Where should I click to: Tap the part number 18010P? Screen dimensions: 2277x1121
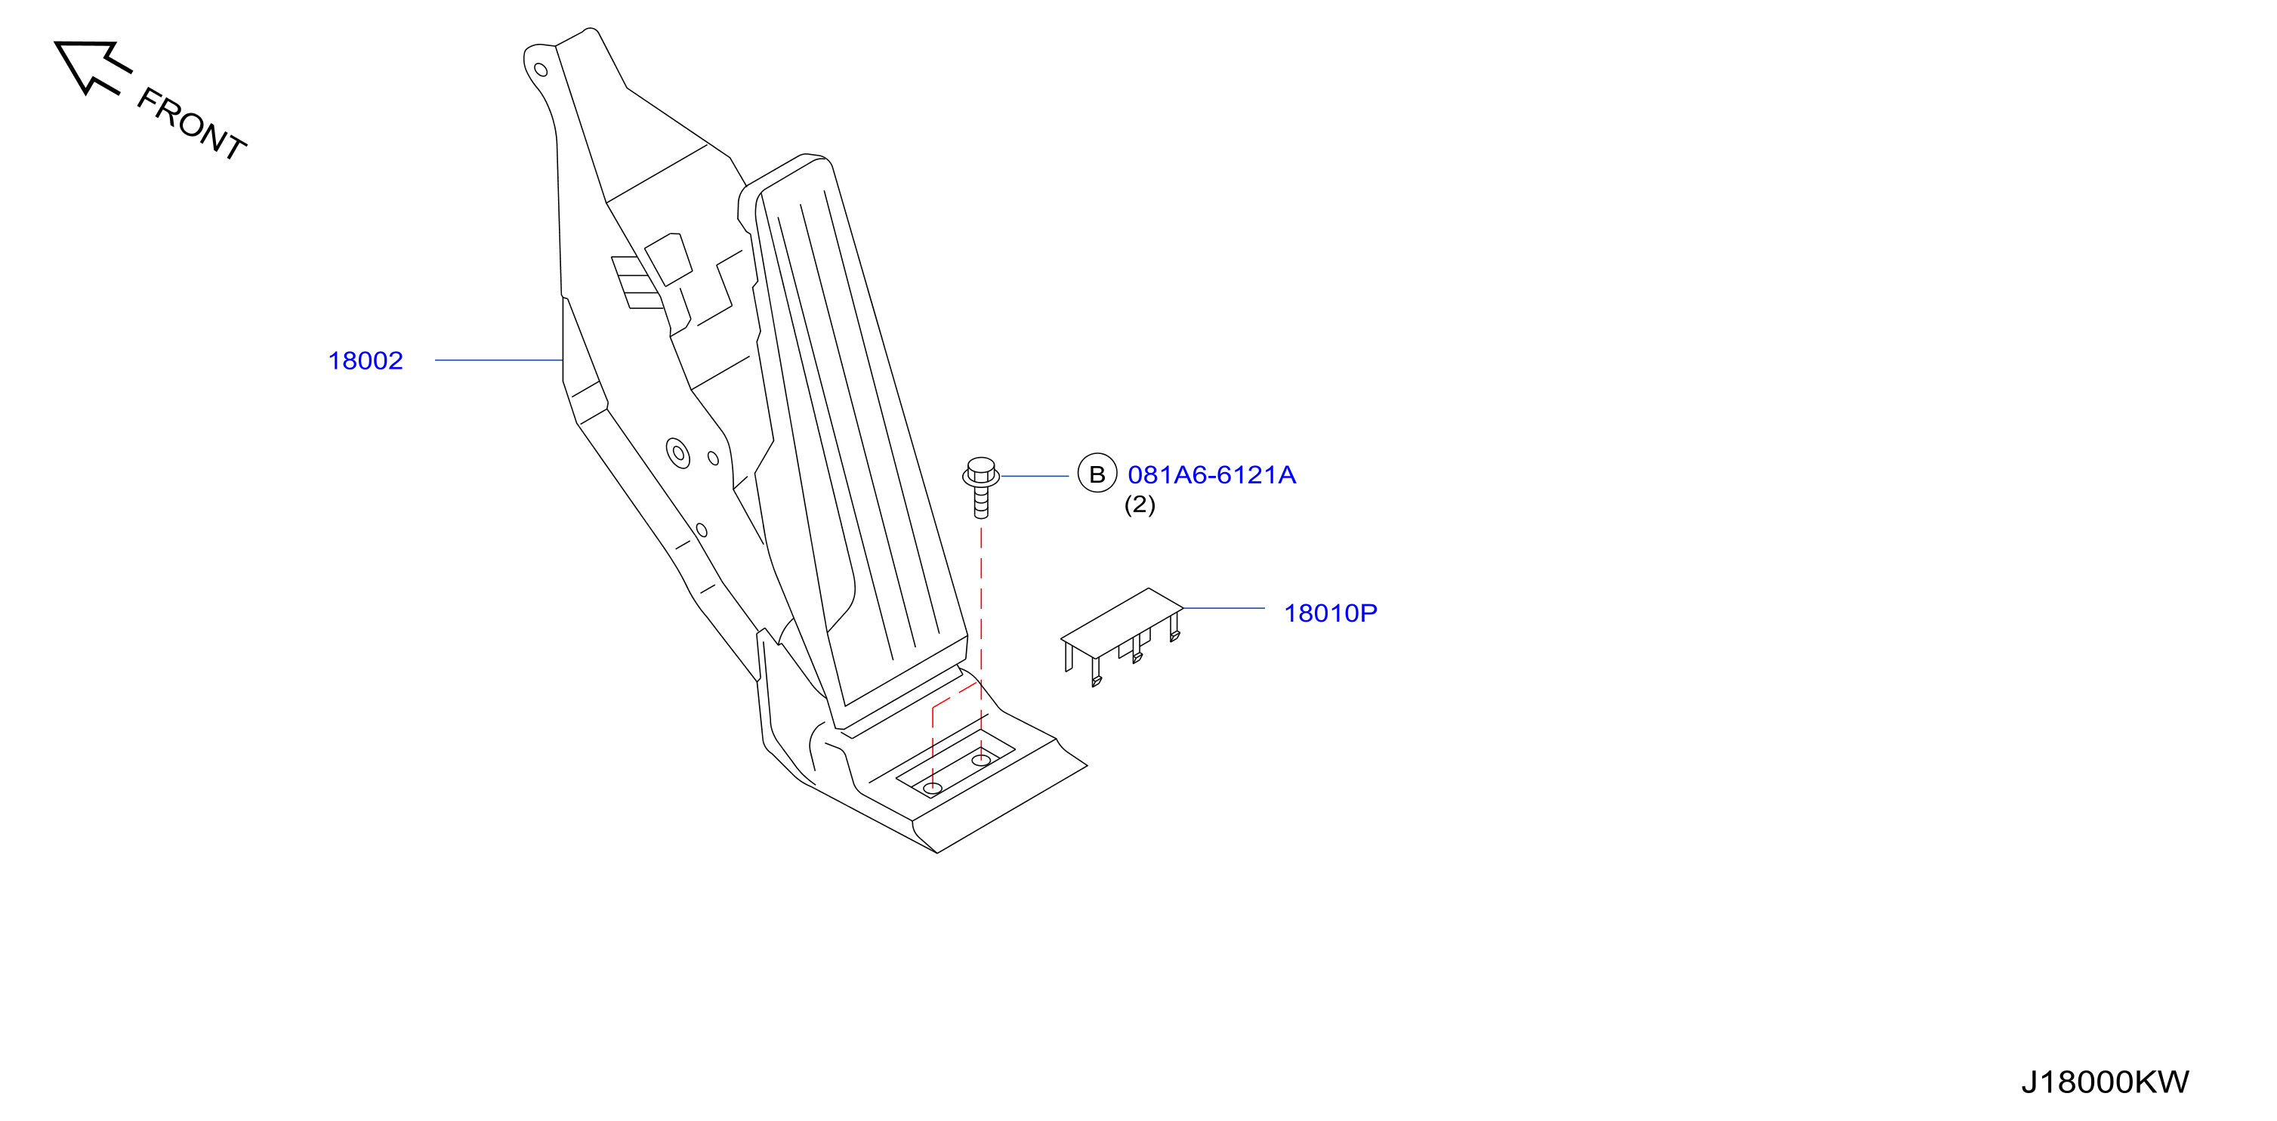click(x=1329, y=613)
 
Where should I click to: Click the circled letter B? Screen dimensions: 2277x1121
click(x=1097, y=474)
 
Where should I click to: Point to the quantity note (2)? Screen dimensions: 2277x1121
click(x=1140, y=505)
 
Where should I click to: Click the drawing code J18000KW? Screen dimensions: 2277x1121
click(x=2105, y=1082)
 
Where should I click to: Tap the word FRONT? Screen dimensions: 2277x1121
click(x=190, y=124)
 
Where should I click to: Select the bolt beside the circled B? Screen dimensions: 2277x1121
click(x=980, y=487)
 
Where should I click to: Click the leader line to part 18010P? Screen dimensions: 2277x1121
click(x=1223, y=608)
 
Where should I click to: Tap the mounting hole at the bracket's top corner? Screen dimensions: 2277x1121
click(x=541, y=69)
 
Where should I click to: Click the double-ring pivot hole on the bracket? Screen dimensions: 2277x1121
click(x=678, y=453)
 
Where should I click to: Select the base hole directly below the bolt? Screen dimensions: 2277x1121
click(x=980, y=760)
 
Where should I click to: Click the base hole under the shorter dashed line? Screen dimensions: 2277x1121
click(x=933, y=788)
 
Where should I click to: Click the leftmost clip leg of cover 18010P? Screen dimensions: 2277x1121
click(x=1069, y=657)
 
